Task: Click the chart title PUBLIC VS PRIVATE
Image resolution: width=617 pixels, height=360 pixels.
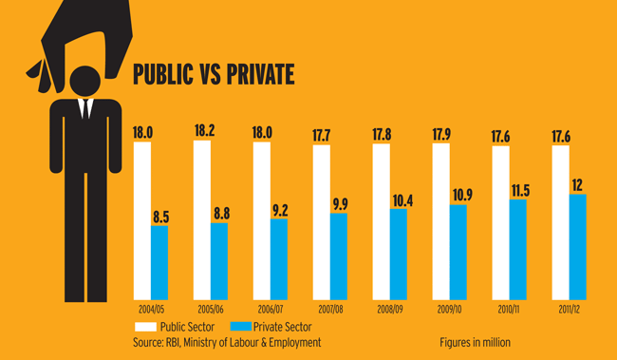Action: click(213, 73)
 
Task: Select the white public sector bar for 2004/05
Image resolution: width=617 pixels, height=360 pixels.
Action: click(142, 223)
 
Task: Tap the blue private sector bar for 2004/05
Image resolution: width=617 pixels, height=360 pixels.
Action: click(159, 261)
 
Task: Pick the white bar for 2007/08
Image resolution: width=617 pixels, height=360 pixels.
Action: click(321, 225)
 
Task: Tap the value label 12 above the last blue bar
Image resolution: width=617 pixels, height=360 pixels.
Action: click(576, 183)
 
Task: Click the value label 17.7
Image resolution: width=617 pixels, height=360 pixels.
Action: click(322, 135)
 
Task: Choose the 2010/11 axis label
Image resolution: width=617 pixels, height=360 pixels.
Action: click(510, 310)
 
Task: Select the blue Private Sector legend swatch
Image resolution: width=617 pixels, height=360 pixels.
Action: click(243, 326)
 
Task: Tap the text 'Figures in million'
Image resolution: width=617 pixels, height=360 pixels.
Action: click(475, 342)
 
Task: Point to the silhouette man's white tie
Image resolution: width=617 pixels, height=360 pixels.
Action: click(84, 106)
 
